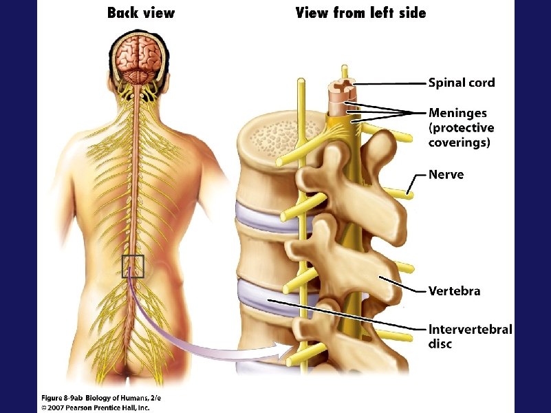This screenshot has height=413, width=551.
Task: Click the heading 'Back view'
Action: (140, 13)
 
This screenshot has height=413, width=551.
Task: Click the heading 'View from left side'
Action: (360, 13)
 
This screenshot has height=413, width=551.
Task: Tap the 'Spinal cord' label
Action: (461, 83)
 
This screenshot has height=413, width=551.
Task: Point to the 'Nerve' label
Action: (446, 174)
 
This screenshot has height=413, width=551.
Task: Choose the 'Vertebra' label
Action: (454, 290)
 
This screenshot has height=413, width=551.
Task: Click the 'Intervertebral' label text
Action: (470, 329)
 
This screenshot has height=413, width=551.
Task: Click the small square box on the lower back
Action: (133, 266)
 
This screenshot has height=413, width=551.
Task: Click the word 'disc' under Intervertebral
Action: (440, 343)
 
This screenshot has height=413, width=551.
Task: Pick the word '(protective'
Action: (461, 128)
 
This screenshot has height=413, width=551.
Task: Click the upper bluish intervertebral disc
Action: (258, 213)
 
